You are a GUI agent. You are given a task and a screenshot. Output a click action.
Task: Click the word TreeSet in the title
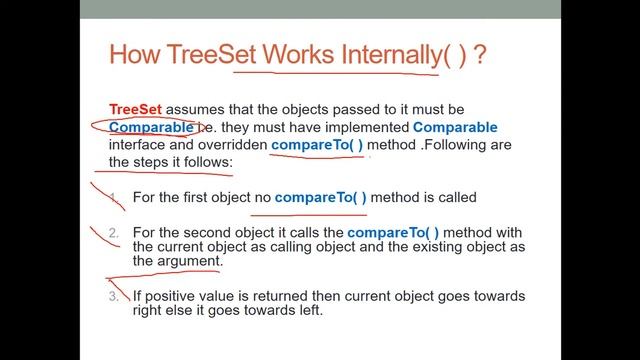(x=213, y=54)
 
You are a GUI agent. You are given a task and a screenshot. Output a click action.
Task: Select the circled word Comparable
(x=151, y=127)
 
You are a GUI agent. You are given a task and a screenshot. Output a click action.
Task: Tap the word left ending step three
(x=306, y=310)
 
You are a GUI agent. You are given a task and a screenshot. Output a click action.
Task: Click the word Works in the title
(x=297, y=54)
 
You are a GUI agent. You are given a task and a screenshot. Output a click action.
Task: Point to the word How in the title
(x=133, y=54)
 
